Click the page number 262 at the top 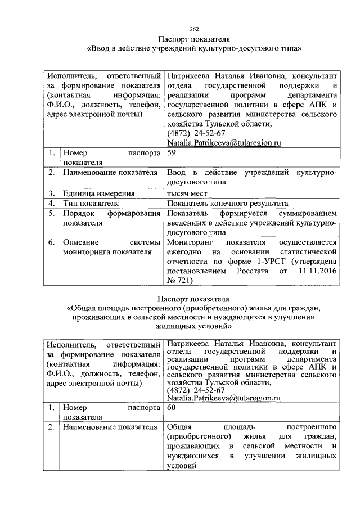pos(195,29)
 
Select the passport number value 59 pos(172,152)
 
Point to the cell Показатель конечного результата pos(228,203)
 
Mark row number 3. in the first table pos(51,192)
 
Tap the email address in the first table pos(223,143)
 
